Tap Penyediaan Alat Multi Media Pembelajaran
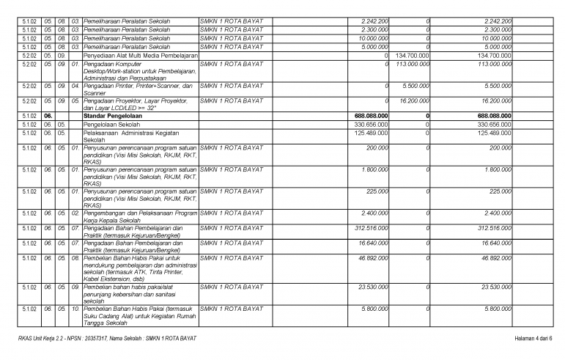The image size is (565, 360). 141,55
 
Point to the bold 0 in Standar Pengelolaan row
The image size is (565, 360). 426,116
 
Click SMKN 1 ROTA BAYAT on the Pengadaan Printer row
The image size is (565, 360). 232,85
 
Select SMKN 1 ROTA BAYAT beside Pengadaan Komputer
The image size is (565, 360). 232,64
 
